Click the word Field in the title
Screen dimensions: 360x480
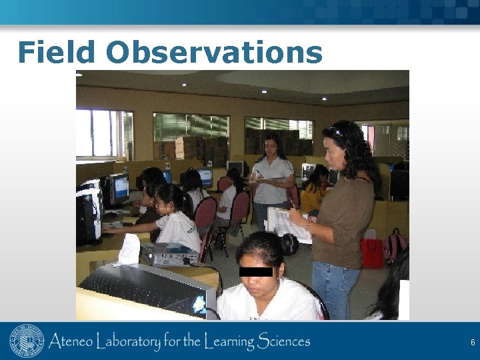[x=57, y=52]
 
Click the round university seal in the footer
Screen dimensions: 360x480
[x=27, y=341]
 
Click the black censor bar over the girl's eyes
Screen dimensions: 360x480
[x=255, y=271]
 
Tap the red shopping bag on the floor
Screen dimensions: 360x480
[x=371, y=253]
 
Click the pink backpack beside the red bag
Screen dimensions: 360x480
[x=395, y=245]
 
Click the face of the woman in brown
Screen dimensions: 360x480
[x=335, y=152]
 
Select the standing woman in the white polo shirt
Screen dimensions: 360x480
[x=273, y=180]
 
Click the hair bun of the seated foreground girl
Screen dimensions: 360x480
[x=289, y=244]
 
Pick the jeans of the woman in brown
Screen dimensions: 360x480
[x=337, y=287]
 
